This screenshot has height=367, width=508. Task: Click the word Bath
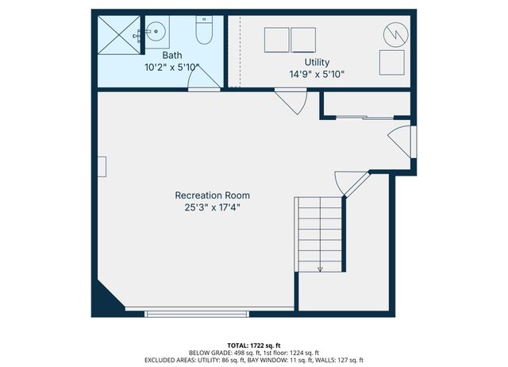tap(172, 56)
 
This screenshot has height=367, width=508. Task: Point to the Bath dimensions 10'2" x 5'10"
tap(172, 68)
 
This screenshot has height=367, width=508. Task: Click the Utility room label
tap(317, 62)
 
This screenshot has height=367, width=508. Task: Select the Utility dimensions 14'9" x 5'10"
tap(317, 74)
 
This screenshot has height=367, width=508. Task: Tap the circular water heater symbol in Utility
tap(394, 33)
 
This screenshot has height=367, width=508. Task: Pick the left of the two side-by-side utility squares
tap(275, 40)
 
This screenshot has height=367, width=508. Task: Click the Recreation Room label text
tap(213, 195)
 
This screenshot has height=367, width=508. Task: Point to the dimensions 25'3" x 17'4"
tap(213, 208)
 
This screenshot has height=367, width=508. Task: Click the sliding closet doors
tap(364, 118)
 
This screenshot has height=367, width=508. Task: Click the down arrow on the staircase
tap(320, 268)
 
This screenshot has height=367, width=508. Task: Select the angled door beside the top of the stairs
tap(351, 184)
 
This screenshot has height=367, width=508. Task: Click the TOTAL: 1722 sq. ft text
tap(254, 345)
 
